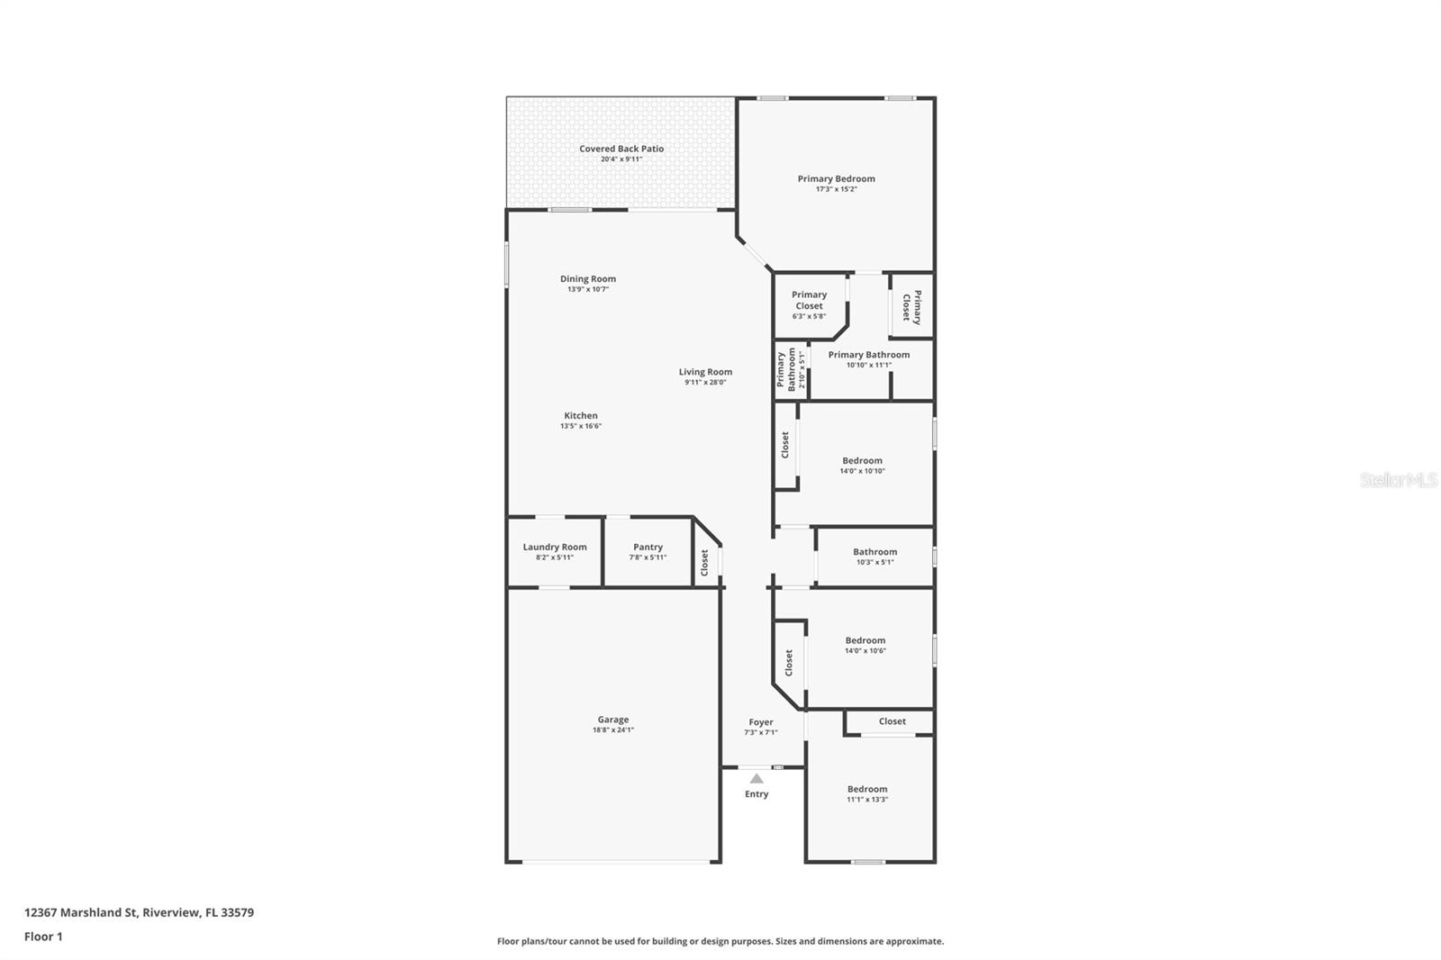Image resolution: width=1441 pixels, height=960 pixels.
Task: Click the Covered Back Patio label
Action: click(621, 149)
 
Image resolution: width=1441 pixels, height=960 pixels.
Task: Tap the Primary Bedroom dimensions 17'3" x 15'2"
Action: click(836, 189)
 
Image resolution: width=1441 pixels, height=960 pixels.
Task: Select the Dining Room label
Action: click(587, 279)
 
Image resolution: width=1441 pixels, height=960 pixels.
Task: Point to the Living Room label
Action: click(705, 372)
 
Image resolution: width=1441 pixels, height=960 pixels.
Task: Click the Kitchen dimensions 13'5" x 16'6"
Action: click(580, 426)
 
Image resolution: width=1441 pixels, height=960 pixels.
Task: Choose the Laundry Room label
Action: click(554, 547)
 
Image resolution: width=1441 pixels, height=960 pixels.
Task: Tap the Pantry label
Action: click(648, 547)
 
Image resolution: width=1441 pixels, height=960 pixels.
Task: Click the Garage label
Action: click(612, 720)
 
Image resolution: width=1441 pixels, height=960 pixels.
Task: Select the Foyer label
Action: click(760, 722)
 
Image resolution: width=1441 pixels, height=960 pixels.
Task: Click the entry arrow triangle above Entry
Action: click(757, 779)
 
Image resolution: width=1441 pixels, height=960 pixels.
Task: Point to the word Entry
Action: click(757, 794)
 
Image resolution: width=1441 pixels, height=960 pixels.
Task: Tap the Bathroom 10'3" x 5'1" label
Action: click(875, 552)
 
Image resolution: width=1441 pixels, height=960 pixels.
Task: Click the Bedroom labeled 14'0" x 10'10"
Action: click(862, 461)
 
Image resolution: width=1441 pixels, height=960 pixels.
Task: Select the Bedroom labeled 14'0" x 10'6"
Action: click(865, 641)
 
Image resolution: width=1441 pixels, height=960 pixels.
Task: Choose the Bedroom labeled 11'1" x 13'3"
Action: click(866, 790)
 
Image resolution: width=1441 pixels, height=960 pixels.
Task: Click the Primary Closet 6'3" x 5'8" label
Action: click(809, 300)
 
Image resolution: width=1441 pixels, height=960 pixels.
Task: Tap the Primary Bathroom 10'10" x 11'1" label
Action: click(868, 355)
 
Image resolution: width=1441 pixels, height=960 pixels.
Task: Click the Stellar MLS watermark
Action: click(1398, 481)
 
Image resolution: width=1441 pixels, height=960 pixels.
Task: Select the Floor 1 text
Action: click(43, 937)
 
